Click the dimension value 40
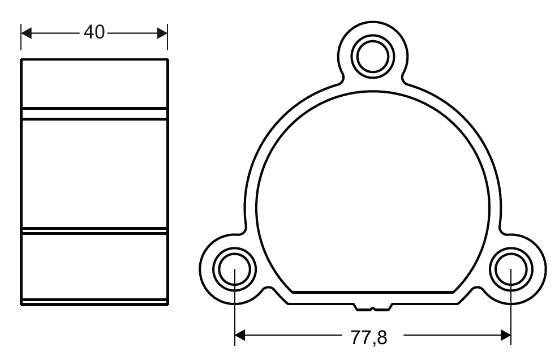[x=94, y=32]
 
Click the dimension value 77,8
[x=369, y=337]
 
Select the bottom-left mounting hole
[x=234, y=269]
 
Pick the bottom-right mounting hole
[x=511, y=269]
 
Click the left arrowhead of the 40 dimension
[x=27, y=33]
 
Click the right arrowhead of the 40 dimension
[x=162, y=33]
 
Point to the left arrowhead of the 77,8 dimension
[x=240, y=335]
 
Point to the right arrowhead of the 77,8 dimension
[x=505, y=335]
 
